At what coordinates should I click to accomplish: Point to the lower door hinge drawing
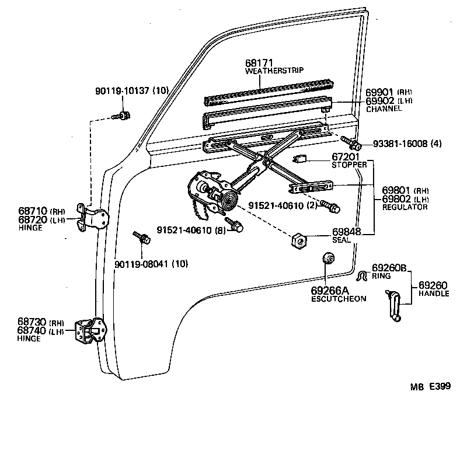coord(90,333)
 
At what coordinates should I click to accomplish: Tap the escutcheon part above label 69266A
coord(329,259)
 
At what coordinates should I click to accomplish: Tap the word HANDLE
coord(434,294)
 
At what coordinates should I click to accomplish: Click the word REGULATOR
coord(405,207)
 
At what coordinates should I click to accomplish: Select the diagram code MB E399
coord(430,386)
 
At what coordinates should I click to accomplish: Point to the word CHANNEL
coord(384,109)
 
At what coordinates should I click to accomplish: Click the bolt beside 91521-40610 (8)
coord(233,224)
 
